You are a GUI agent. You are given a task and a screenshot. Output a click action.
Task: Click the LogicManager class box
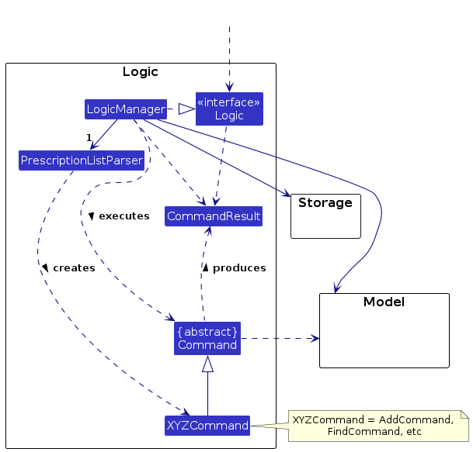coord(126,109)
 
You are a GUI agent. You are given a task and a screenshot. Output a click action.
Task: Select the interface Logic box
coord(229,109)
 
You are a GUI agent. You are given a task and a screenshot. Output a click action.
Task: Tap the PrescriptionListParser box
coord(82,160)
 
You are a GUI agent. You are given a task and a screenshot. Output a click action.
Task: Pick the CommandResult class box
coord(214,216)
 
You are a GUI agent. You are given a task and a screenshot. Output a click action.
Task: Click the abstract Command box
coord(207,338)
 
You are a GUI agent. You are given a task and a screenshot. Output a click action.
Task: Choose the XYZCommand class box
coord(207,426)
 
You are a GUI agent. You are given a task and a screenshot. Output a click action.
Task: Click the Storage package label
coord(325,202)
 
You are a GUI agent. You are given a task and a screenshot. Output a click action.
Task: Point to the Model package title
coord(384,302)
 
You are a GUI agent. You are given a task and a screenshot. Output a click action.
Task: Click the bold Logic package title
coord(141,71)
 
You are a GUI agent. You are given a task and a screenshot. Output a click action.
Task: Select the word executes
coord(124,216)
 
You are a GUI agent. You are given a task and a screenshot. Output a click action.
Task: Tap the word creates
coord(75,267)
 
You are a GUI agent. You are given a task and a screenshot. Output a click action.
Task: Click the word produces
coord(239,267)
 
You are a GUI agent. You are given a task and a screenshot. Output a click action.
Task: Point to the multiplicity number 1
coord(89,138)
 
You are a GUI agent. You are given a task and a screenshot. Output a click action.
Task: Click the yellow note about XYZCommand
coord(378,426)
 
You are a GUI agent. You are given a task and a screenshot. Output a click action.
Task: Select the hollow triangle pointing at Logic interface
coord(186,109)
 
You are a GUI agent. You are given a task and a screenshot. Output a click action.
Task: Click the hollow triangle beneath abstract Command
coord(207,364)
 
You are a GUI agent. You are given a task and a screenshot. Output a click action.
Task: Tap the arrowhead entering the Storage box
coord(286,193)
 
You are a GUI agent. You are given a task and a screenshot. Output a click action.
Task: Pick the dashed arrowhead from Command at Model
coord(315,339)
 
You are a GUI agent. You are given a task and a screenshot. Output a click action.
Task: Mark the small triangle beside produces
coord(205,267)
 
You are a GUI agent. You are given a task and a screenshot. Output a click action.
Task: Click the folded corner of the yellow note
coord(465,414)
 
